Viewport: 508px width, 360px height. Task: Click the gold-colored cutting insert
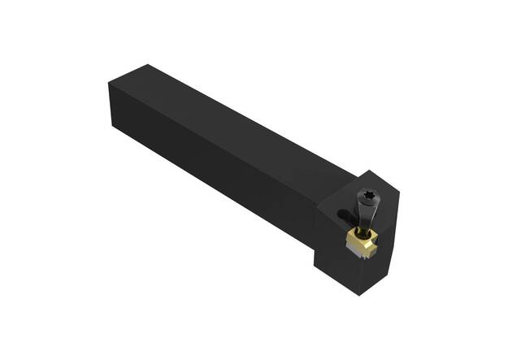pos(359,241)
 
